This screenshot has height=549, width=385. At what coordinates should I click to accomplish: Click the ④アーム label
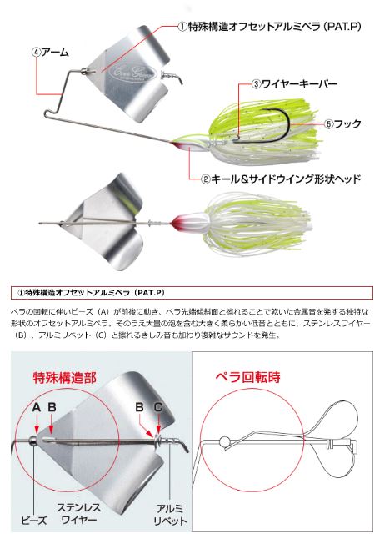pyautogui.click(x=50, y=53)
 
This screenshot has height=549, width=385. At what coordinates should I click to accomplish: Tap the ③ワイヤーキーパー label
pyautogui.click(x=294, y=84)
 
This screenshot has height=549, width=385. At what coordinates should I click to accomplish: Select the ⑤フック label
pyautogui.click(x=342, y=124)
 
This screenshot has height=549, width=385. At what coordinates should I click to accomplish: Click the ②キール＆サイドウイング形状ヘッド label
pyautogui.click(x=281, y=179)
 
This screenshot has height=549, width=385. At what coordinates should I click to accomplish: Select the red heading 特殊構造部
pyautogui.click(x=64, y=378)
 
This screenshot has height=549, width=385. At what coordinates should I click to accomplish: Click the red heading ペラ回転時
pyautogui.click(x=248, y=377)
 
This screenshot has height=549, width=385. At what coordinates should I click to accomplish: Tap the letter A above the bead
pyautogui.click(x=37, y=407)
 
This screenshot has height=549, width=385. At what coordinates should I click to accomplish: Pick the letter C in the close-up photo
pyautogui.click(x=158, y=407)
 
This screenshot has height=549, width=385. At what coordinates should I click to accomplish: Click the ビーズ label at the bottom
pyautogui.click(x=34, y=521)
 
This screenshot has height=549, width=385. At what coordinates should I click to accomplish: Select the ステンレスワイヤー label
pyautogui.click(x=78, y=514)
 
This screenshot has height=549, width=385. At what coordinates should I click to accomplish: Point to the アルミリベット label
pyautogui.click(x=170, y=515)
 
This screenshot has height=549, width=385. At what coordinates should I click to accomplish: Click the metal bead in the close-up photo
pyautogui.click(x=32, y=441)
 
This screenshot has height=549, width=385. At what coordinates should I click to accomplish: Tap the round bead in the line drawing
pyautogui.click(x=225, y=442)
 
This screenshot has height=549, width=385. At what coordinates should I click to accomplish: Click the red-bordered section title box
pyautogui.click(x=192, y=293)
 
